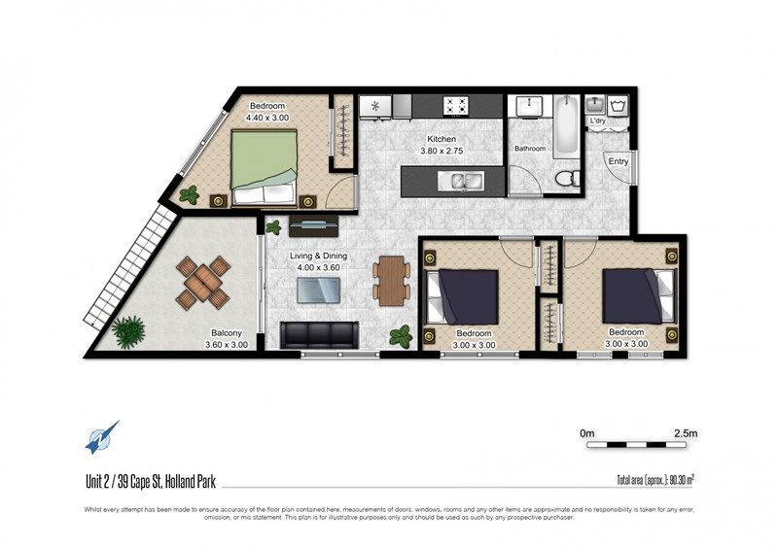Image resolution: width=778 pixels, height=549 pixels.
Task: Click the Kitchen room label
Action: pos(442,139)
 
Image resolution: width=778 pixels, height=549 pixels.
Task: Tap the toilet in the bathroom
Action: pos(568,178)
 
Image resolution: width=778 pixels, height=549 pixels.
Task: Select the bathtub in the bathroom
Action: pos(566,126)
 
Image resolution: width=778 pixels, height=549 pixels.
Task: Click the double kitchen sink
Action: pos(461,180)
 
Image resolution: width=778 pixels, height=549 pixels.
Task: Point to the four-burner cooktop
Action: pos(456,106)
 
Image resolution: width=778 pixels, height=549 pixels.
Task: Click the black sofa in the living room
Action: pos(319,334)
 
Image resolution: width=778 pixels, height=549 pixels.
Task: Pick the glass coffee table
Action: pos(319,291)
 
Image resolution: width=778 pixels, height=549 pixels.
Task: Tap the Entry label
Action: pos(619,161)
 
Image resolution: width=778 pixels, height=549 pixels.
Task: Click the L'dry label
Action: pos(598,121)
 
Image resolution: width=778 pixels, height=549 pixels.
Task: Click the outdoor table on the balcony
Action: pos(203,281)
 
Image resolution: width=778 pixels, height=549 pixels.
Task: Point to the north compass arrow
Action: pos(102,437)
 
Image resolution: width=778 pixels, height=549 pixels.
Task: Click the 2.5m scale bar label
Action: pos(686,433)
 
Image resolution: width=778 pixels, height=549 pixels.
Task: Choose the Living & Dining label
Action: pos(319,256)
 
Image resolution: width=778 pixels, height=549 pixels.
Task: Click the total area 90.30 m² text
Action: pos(654,480)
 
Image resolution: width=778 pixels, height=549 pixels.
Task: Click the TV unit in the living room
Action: pos(313,226)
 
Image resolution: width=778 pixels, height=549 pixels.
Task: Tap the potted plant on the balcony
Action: pos(128,330)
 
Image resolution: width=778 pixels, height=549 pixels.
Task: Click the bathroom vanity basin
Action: pos(529,107)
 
